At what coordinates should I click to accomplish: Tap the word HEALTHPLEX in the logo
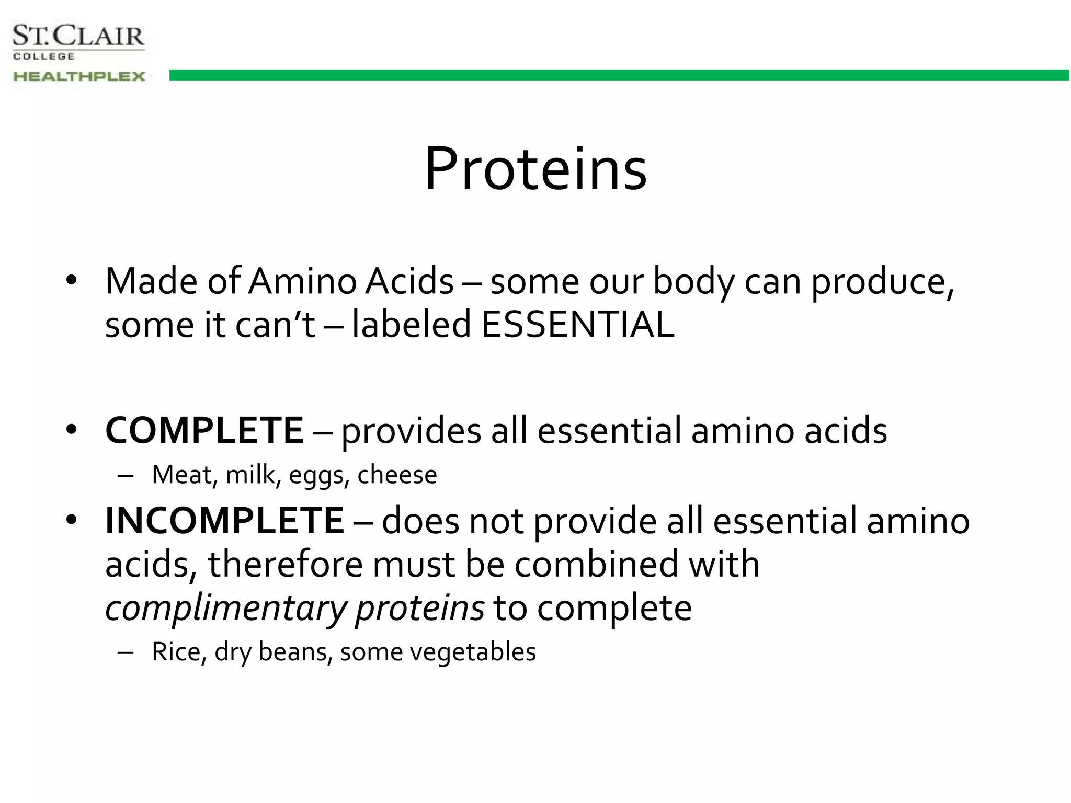(x=78, y=76)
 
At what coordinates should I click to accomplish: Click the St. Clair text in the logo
(x=78, y=37)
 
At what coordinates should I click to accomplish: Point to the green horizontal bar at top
(x=617, y=75)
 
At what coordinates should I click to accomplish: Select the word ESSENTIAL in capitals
(x=577, y=325)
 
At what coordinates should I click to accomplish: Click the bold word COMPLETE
(x=204, y=431)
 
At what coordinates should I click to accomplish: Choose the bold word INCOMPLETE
(x=224, y=521)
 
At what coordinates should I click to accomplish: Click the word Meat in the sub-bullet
(x=181, y=475)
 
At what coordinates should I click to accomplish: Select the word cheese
(x=397, y=475)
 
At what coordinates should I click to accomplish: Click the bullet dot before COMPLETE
(x=71, y=430)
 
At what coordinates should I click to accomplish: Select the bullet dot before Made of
(x=71, y=280)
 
